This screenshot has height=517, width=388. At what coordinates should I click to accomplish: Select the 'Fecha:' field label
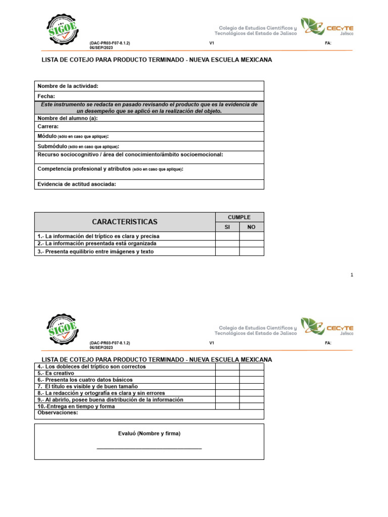[46, 96]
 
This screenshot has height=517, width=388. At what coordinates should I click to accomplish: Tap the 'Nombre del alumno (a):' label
[67, 118]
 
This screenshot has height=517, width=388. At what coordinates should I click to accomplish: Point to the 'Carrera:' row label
[48, 127]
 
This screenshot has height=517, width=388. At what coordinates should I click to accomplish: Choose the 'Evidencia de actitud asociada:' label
[77, 184]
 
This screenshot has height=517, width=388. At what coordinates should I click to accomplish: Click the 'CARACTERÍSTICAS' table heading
[125, 222]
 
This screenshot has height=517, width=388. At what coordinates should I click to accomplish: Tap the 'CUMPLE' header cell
[239, 217]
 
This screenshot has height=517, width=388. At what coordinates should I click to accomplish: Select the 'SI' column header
[227, 227]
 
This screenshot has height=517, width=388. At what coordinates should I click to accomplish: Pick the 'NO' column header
[251, 227]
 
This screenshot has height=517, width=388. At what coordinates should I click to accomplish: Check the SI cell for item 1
[227, 236]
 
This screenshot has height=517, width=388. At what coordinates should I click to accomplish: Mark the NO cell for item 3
[251, 251]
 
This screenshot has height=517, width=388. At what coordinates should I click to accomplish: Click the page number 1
[351, 275]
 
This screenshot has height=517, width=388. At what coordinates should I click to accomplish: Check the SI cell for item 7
[227, 386]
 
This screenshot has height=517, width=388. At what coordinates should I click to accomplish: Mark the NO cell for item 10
[251, 406]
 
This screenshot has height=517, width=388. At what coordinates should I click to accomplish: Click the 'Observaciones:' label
[58, 412]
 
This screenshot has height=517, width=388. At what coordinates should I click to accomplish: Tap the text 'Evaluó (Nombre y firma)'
[149, 434]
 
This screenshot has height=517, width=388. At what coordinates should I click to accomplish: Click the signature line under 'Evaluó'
[149, 448]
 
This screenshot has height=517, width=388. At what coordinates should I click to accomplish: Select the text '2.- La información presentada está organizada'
[93, 243]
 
